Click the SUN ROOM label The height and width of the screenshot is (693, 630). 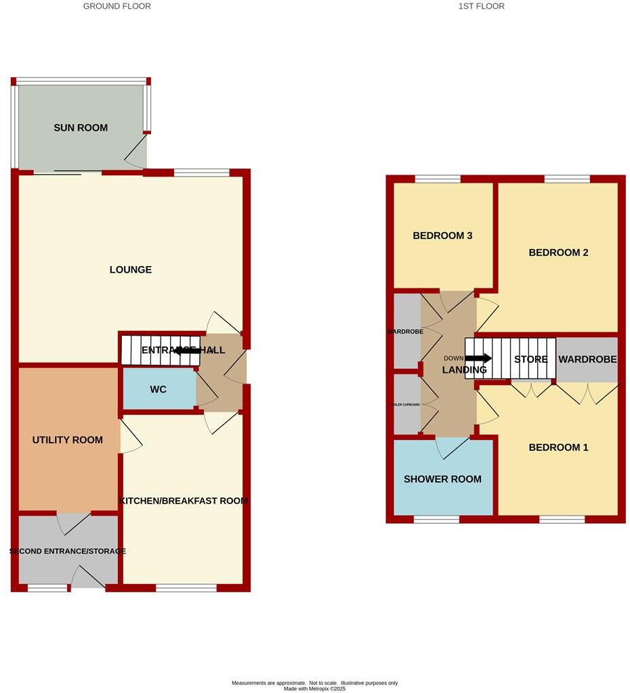[81, 127]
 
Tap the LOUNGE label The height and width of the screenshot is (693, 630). [131, 269]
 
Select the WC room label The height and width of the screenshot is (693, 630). [158, 389]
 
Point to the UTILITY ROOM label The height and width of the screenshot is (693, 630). [68, 440]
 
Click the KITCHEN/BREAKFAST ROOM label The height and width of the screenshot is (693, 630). [184, 501]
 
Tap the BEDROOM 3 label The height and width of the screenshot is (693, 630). [442, 236]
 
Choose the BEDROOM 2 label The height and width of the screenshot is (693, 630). [558, 252]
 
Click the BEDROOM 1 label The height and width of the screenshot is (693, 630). [558, 447]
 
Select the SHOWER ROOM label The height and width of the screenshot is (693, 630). [442, 479]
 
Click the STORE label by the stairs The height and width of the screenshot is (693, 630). [530, 359]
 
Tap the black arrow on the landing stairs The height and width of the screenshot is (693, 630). [478, 358]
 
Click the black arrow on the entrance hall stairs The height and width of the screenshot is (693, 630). [186, 351]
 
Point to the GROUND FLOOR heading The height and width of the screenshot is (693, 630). [117, 6]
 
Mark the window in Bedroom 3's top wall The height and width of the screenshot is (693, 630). [437, 179]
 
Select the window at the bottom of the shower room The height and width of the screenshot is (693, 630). [436, 520]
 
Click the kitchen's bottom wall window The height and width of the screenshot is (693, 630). [186, 588]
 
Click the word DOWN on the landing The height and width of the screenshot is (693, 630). [453, 358]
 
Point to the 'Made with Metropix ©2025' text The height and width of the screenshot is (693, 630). [314, 689]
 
